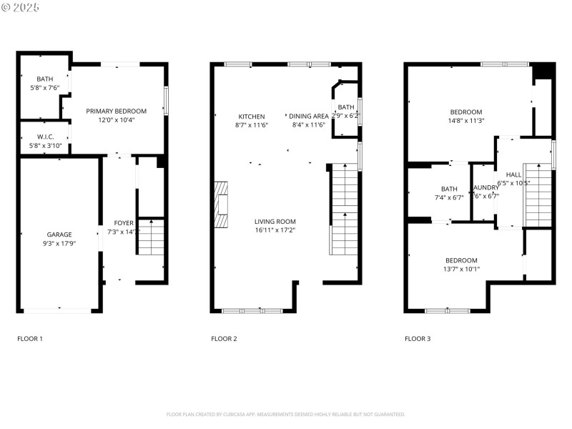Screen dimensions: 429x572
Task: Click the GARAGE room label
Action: (59, 235)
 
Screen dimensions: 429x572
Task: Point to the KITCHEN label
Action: (251, 117)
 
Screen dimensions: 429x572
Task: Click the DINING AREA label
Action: (308, 116)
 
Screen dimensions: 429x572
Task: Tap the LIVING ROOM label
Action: (275, 222)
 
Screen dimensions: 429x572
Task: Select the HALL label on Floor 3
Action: (513, 174)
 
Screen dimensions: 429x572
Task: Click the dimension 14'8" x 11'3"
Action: (465, 121)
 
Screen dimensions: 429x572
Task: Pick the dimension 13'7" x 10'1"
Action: (461, 270)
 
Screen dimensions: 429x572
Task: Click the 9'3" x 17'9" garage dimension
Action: (59, 243)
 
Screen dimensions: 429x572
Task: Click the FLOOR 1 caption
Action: (30, 338)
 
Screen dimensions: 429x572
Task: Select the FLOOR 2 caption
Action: (224, 338)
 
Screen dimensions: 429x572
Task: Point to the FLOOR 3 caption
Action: (418, 338)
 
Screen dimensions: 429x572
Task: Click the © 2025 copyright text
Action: (21, 7)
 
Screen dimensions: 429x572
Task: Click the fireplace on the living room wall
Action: (221, 204)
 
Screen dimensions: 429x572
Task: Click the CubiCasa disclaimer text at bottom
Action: (286, 414)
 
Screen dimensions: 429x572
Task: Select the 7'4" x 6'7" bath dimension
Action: (448, 198)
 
